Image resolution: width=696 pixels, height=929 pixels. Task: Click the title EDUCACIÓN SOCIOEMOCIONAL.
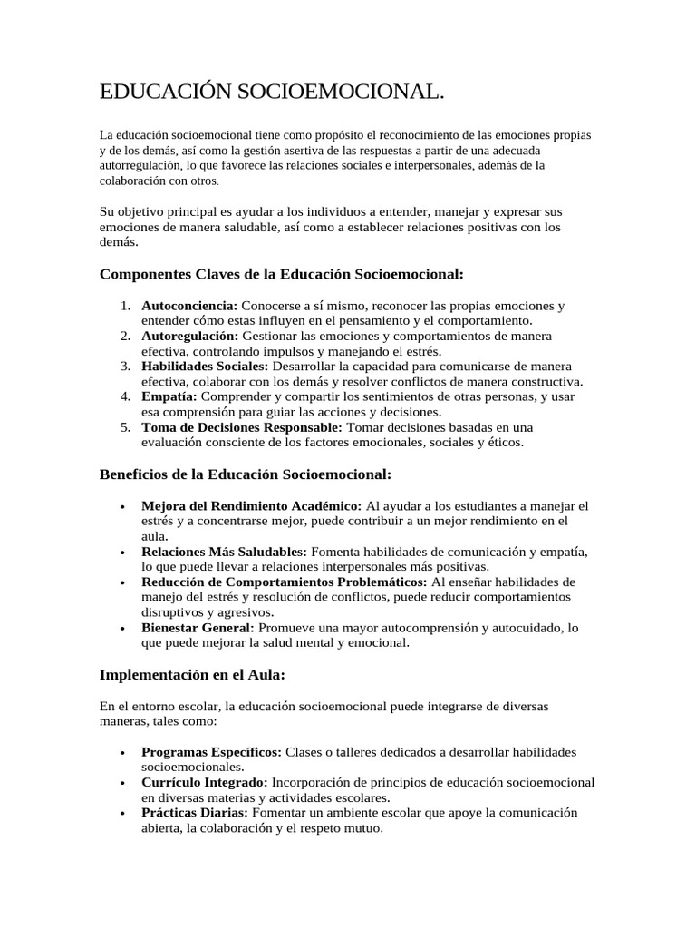pos(273,93)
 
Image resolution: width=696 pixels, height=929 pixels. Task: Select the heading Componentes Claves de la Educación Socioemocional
pos(281,273)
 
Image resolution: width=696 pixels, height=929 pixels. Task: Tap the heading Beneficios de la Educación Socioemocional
pos(246,474)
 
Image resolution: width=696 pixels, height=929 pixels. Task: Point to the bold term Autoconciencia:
pos(189,306)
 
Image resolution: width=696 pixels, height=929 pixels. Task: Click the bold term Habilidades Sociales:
pos(205,366)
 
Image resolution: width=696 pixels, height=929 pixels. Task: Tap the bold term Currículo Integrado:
pos(205,782)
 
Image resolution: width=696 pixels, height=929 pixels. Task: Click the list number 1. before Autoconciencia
pos(126,306)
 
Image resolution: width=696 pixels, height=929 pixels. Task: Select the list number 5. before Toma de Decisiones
pos(126,426)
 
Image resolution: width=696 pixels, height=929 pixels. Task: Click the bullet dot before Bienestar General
pos(122,628)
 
